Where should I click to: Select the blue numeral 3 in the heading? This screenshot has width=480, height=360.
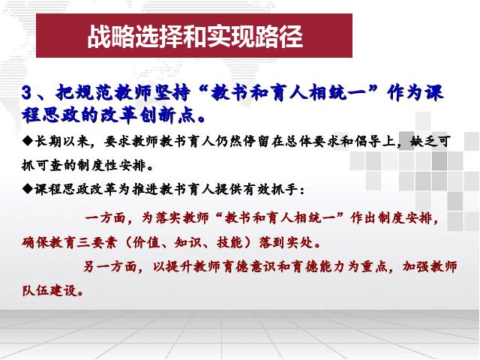(x=27, y=93)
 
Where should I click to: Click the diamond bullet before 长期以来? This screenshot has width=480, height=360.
(x=28, y=141)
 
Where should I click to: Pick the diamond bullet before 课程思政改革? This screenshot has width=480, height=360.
(x=28, y=189)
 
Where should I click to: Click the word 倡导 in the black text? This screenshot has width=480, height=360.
(x=368, y=142)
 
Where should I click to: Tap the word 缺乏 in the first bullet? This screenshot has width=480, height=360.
(x=424, y=142)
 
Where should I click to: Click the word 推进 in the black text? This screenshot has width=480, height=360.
(x=145, y=189)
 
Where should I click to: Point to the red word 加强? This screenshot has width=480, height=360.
(x=415, y=267)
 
